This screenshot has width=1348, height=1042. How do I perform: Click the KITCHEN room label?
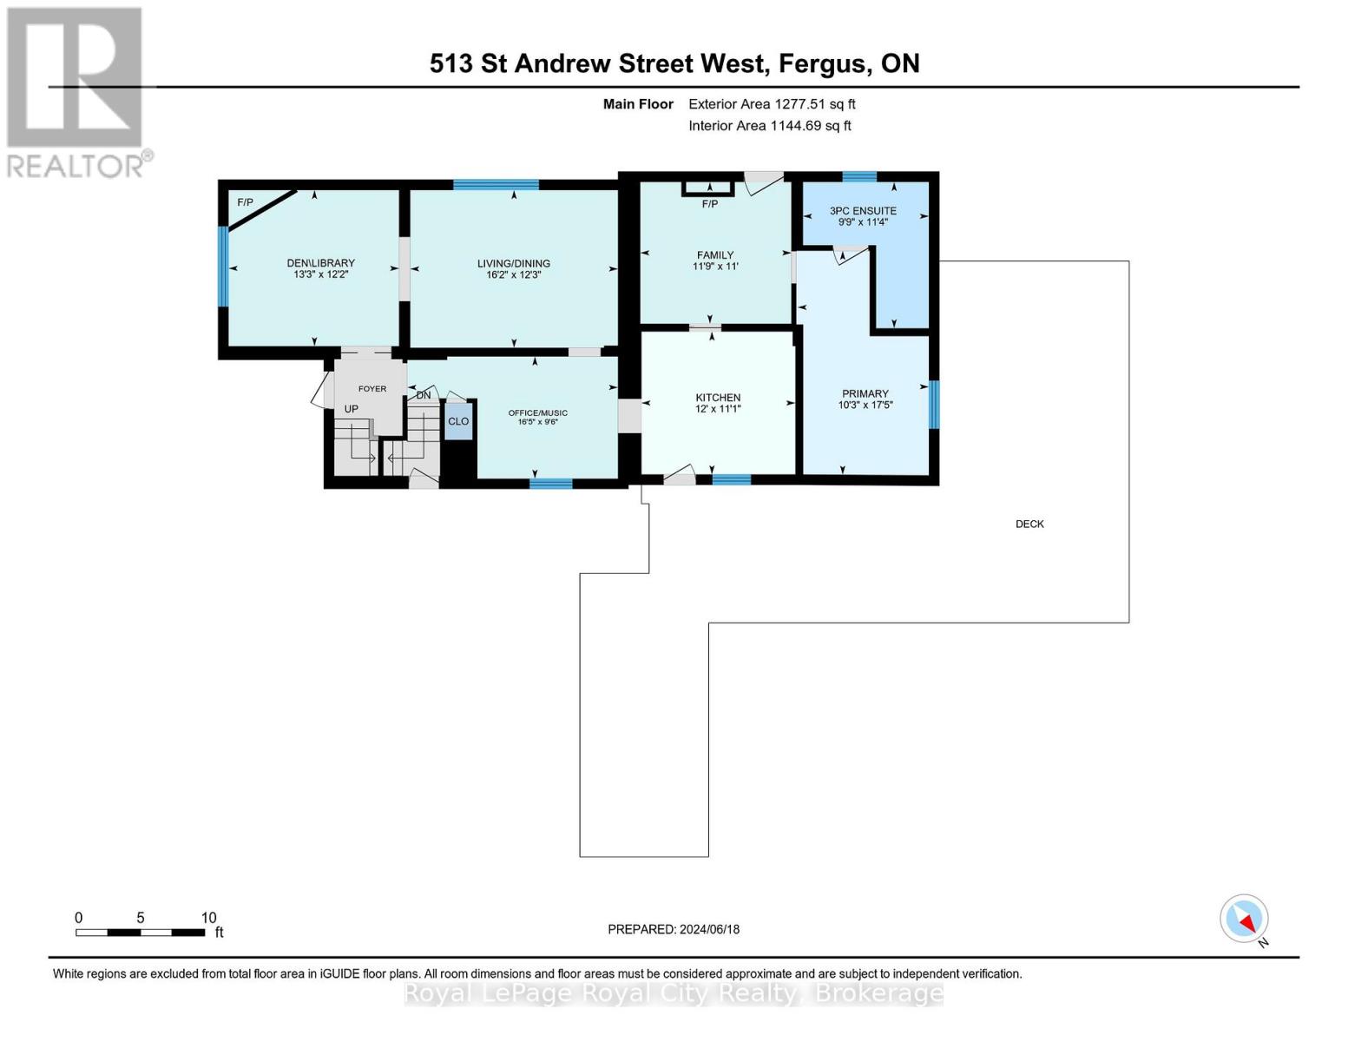(x=718, y=398)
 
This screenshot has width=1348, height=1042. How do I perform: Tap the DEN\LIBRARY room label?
(x=321, y=263)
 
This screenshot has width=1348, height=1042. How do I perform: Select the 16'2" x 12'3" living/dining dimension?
(x=514, y=275)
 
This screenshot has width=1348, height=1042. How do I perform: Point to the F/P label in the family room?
(x=710, y=204)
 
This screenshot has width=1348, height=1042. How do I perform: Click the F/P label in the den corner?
(x=246, y=202)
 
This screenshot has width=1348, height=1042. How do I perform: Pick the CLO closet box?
(x=458, y=421)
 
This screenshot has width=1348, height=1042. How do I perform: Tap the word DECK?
(x=1029, y=524)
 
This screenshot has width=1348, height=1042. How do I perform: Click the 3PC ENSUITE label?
(x=863, y=210)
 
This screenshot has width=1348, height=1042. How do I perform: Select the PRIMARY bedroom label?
(x=865, y=393)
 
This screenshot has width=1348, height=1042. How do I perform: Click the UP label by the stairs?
(x=352, y=408)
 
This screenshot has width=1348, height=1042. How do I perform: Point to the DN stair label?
(x=424, y=396)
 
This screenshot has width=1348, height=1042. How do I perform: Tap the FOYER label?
(x=372, y=388)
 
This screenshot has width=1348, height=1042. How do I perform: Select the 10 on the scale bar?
(x=208, y=918)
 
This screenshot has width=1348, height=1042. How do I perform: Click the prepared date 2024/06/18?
(x=709, y=929)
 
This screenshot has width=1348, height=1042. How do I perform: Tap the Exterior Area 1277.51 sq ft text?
(x=772, y=104)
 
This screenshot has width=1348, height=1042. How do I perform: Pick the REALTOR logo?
(x=76, y=91)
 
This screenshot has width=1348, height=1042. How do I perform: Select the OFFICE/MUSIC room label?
(x=538, y=412)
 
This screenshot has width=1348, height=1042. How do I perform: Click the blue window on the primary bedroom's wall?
(x=934, y=405)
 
